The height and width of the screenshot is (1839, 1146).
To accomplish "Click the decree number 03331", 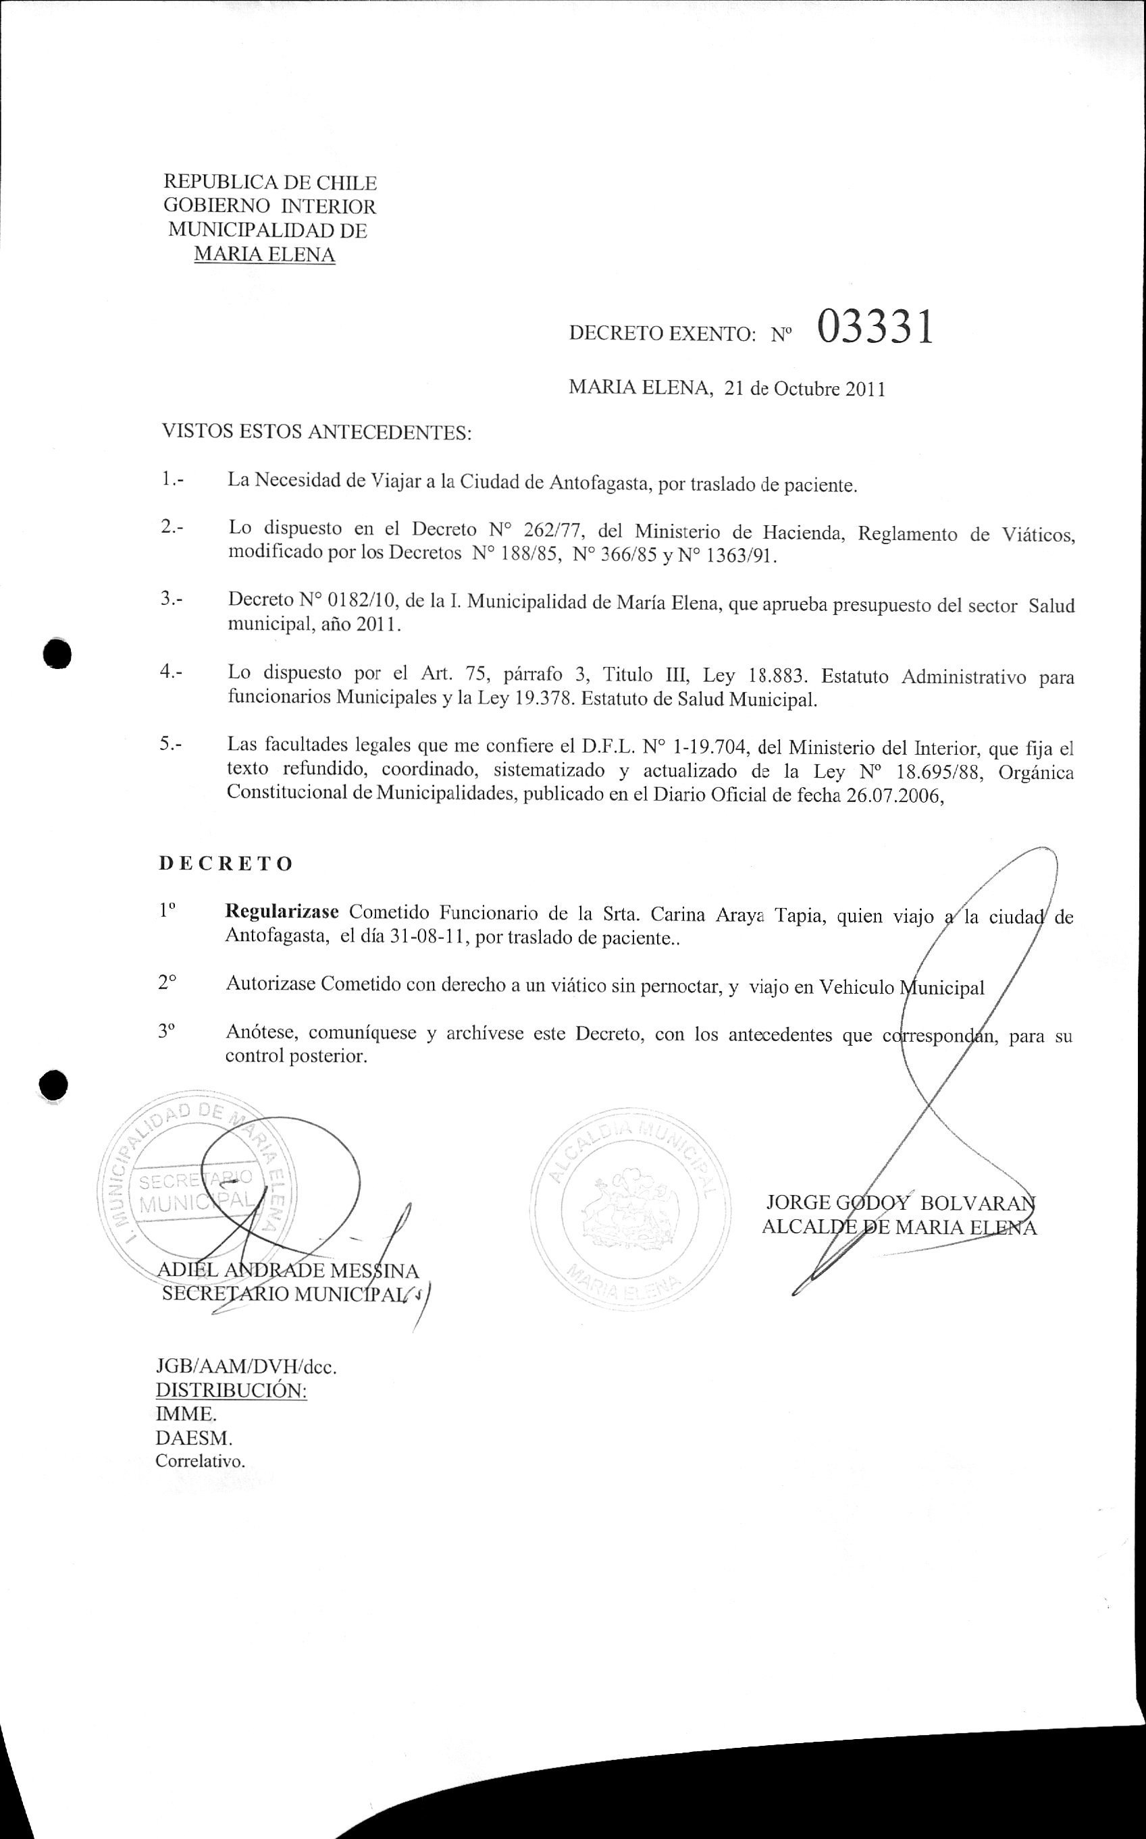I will click(874, 329).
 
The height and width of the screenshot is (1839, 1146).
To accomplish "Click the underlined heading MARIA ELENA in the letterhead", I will click(265, 255).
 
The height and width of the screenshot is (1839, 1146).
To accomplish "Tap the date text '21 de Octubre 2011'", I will click(805, 390).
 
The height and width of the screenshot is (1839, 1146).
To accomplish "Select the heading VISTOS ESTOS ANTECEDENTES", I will click(317, 433).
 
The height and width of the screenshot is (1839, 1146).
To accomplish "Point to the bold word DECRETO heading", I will click(226, 864).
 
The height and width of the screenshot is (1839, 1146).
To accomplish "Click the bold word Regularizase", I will click(283, 911).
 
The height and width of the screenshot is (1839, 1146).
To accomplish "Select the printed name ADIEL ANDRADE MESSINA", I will click(287, 1271).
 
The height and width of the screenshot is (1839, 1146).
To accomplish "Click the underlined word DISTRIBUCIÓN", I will click(231, 1391).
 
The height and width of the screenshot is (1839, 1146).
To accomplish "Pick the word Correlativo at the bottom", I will click(200, 1462).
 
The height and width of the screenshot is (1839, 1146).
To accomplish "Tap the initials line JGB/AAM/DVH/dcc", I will click(246, 1368).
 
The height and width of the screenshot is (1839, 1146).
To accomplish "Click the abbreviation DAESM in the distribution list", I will click(193, 1438).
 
